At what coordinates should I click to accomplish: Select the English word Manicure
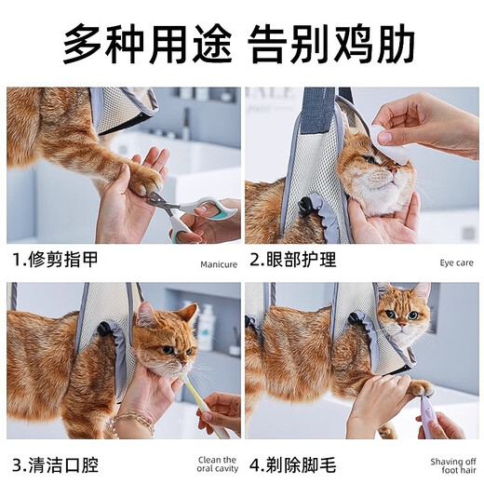[219, 264]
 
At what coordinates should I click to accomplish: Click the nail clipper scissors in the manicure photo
[186, 208]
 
